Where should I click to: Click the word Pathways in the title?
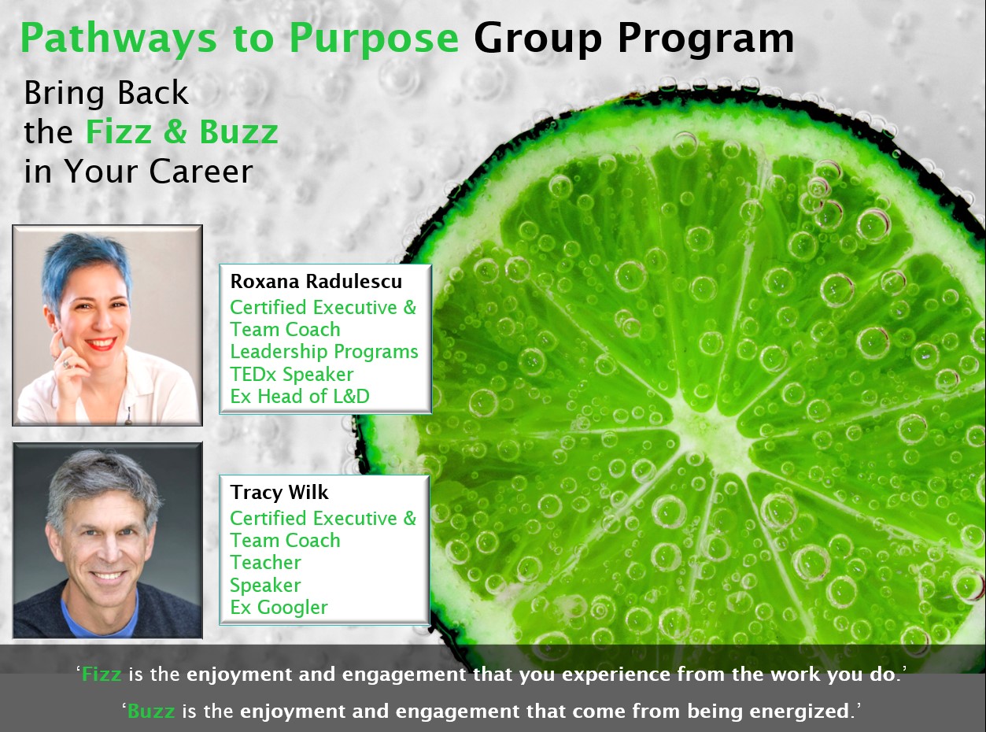coord(119,39)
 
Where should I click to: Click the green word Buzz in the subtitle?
coord(238,131)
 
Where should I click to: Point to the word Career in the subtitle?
coord(201,172)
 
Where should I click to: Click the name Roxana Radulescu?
coord(316,282)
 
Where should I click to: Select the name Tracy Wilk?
coord(279,492)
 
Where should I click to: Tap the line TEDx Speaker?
coord(292,375)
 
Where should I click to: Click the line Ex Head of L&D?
coord(300,396)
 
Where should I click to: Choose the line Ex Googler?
coord(279,608)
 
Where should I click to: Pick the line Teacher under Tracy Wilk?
coord(265,563)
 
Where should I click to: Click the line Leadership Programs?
coord(324,352)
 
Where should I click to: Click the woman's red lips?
coord(101,344)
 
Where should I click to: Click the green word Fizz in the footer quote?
coord(102,675)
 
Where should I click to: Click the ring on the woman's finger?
coord(66,364)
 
